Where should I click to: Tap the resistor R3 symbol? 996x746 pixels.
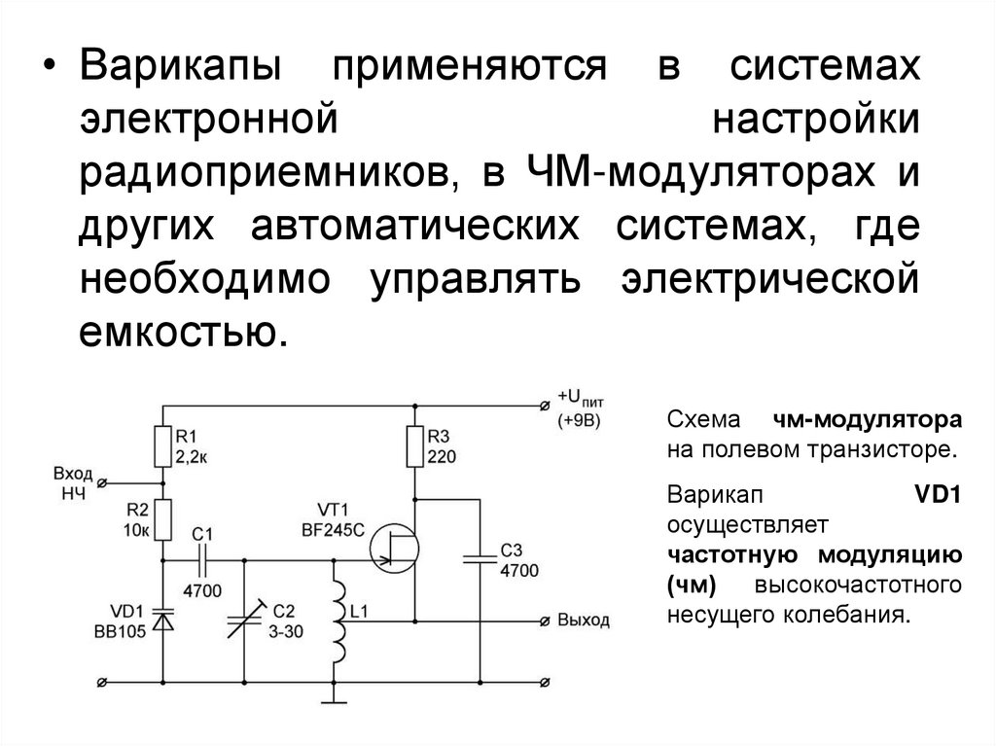click(x=414, y=444)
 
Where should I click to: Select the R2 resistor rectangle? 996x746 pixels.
click(x=162, y=520)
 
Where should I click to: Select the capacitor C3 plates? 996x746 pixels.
click(x=480, y=560)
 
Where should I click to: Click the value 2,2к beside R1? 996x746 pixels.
click(x=192, y=454)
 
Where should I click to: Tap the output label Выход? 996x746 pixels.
click(x=583, y=620)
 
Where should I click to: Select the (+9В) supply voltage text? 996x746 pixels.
click(x=581, y=420)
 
